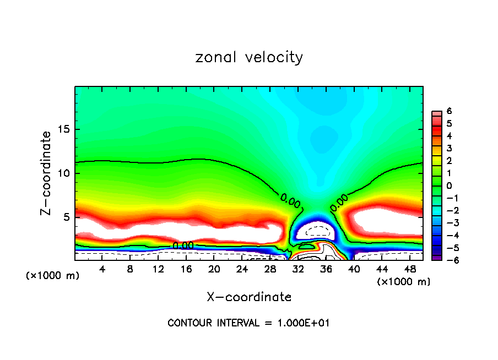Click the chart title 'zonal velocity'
pyautogui.click(x=249, y=57)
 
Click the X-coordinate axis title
pyautogui.click(x=249, y=297)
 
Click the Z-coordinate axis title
pyautogui.click(x=46, y=173)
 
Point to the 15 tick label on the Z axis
pyautogui.click(x=63, y=129)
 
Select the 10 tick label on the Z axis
pyautogui.click(x=63, y=173)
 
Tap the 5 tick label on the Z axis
pyautogui.click(x=66, y=217)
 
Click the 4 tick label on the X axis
pyautogui.click(x=102, y=270)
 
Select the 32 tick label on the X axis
pyautogui.click(x=298, y=270)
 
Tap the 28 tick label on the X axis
pyautogui.click(x=270, y=270)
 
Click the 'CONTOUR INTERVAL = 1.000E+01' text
pyautogui.click(x=248, y=323)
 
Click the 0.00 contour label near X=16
pyautogui.click(x=183, y=246)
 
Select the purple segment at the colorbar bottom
pyautogui.click(x=435, y=257)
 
